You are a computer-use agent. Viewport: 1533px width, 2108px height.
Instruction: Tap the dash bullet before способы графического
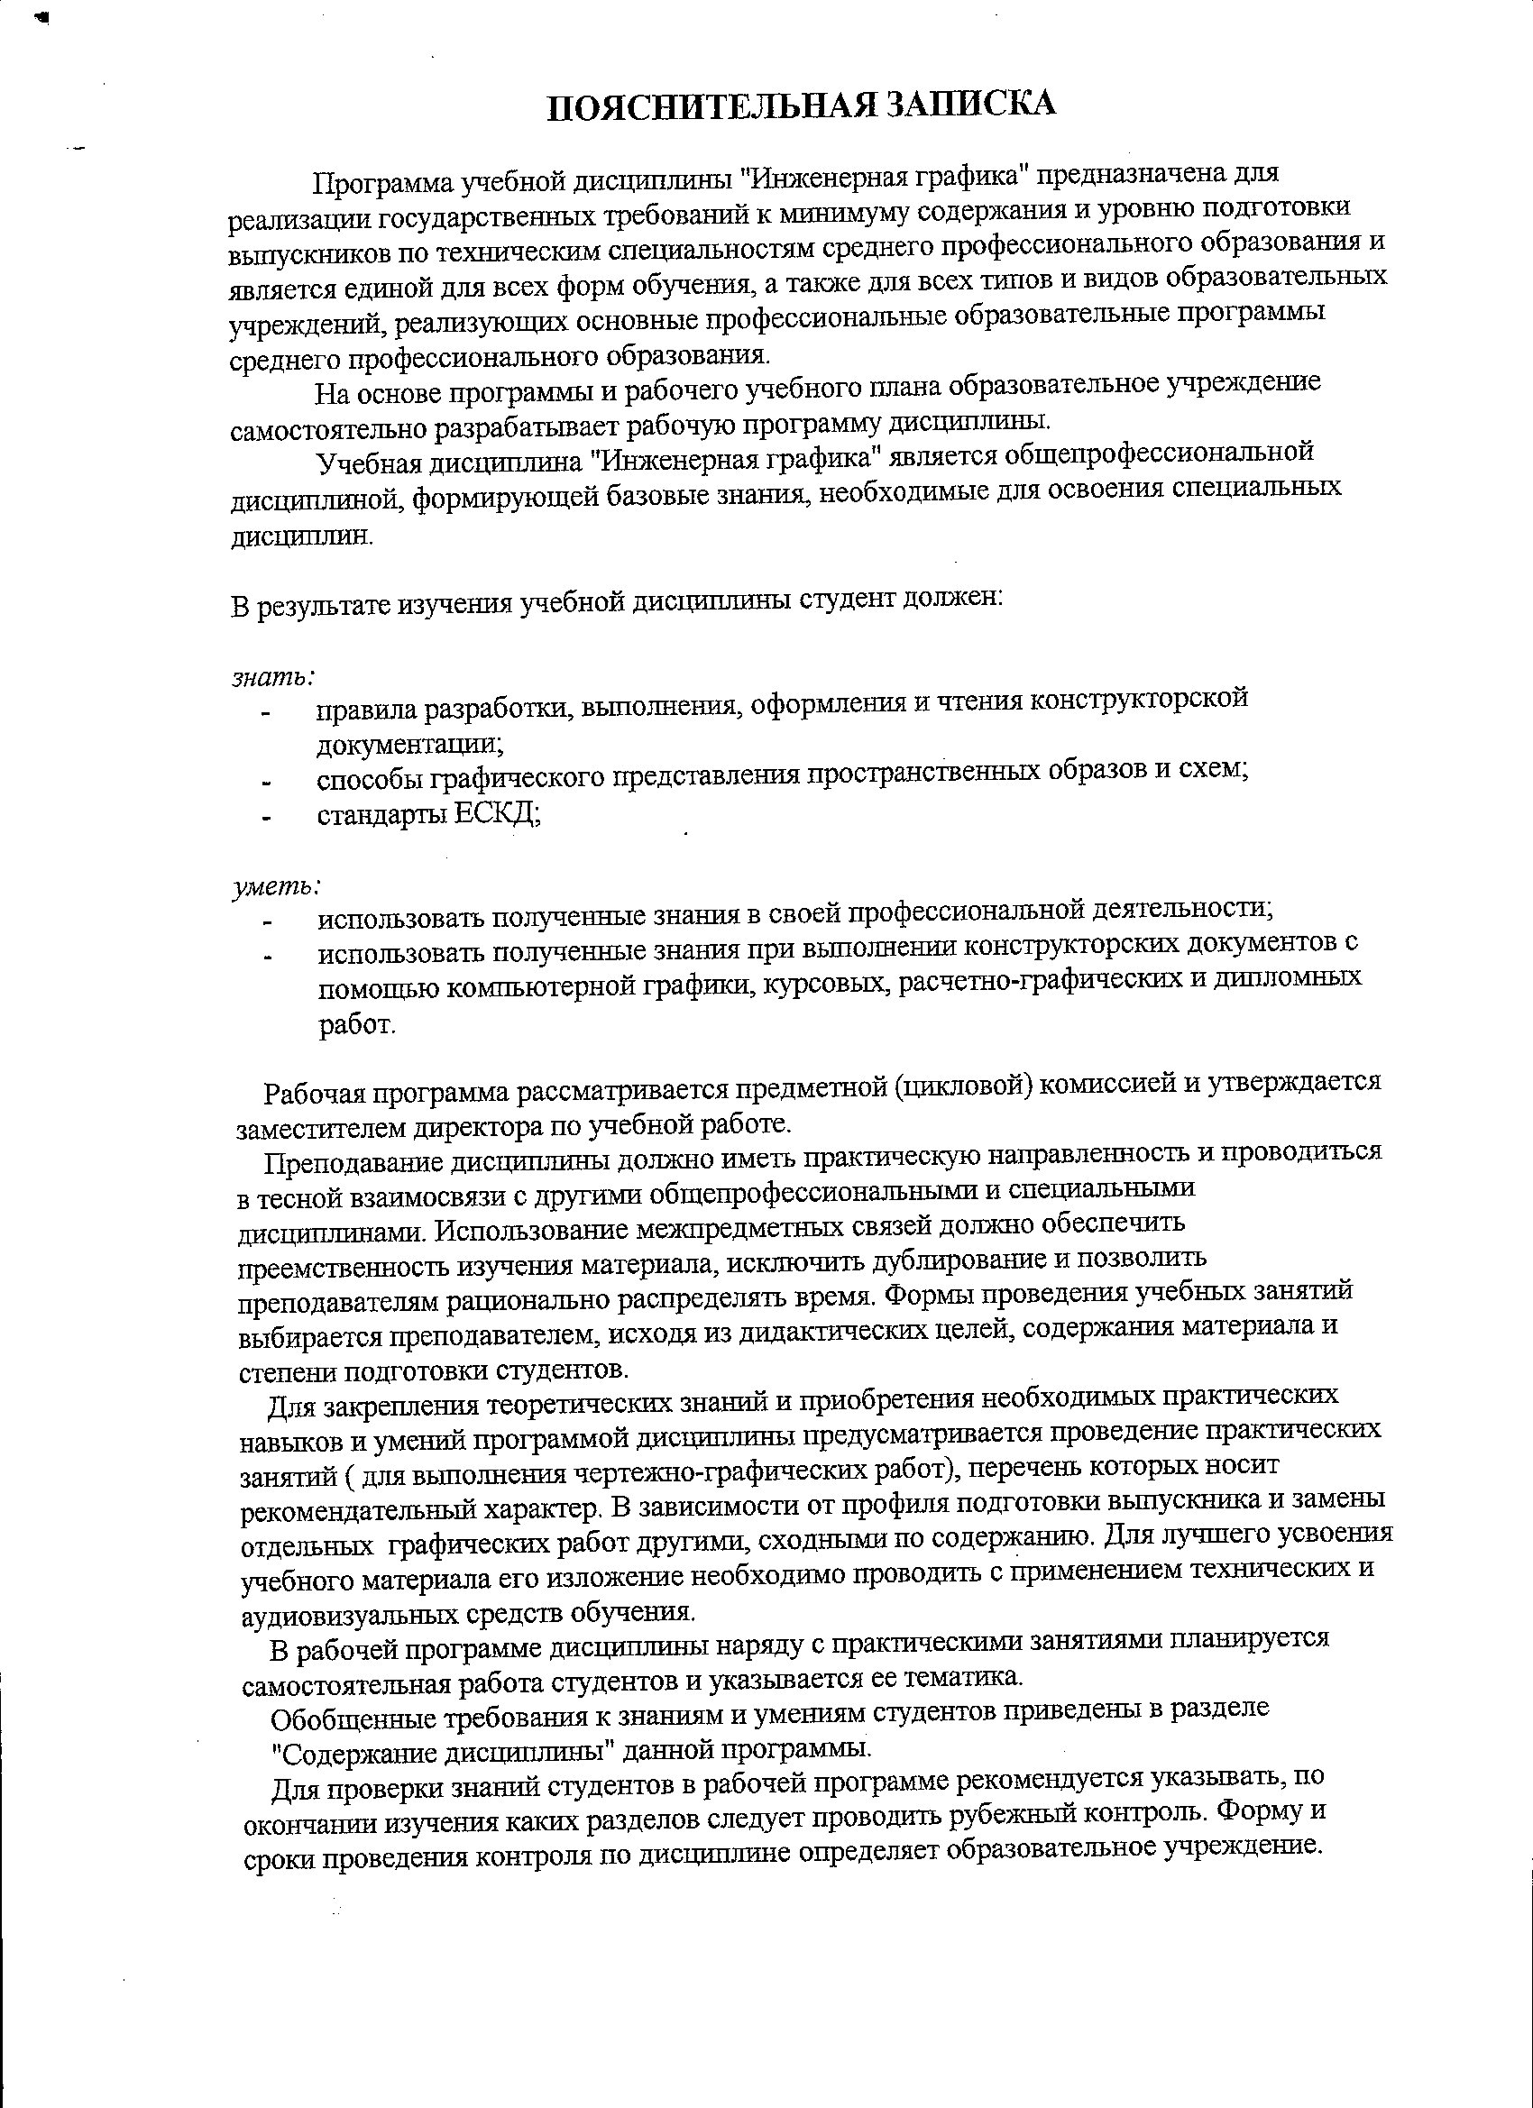click(x=267, y=784)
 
